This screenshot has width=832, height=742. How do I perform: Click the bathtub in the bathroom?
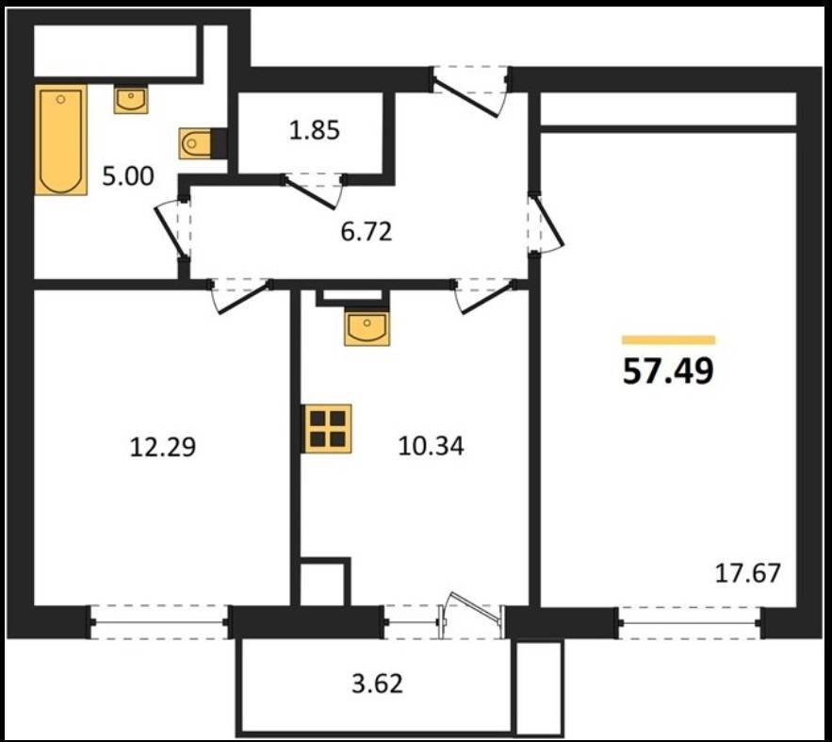(61, 140)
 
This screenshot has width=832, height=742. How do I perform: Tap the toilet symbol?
(195, 143)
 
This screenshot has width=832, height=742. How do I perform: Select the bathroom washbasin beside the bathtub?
(131, 100)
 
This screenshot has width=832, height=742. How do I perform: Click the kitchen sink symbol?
(367, 328)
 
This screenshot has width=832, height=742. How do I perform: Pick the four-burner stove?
(327, 429)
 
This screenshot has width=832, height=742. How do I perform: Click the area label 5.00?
(128, 176)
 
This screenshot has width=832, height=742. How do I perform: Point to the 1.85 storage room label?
(314, 130)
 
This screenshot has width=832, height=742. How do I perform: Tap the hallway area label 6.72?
(367, 232)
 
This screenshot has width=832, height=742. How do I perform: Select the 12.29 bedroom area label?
(163, 446)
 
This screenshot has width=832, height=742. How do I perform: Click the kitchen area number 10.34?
(431, 446)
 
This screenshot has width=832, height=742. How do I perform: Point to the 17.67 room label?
(747, 573)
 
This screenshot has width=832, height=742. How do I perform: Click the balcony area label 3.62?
(377, 684)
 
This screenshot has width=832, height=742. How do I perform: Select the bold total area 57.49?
(668, 371)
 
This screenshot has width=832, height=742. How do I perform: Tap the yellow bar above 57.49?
(669, 340)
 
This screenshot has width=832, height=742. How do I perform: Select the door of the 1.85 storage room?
(313, 191)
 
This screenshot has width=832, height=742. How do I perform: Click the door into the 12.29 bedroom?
(241, 294)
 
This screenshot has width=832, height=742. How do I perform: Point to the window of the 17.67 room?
(691, 622)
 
